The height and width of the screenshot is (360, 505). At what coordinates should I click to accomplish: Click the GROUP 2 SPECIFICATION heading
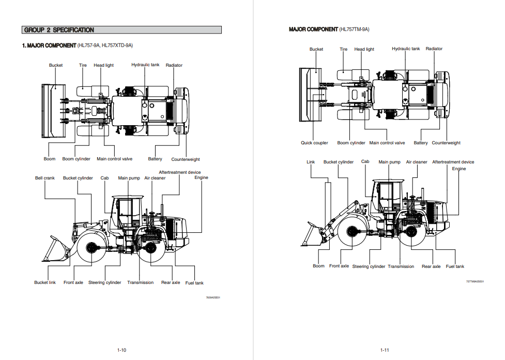tap(59, 30)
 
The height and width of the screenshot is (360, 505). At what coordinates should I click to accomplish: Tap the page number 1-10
tap(121, 350)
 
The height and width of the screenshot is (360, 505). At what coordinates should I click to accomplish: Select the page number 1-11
tap(384, 350)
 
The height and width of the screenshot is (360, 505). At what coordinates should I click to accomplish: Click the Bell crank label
tap(45, 178)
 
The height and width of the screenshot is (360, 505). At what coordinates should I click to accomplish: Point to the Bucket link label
tap(45, 282)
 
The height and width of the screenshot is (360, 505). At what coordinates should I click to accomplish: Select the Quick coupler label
tap(314, 143)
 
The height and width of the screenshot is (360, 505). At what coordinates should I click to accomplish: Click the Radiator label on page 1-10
tap(174, 65)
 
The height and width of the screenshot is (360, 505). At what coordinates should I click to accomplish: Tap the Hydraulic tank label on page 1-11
tap(406, 49)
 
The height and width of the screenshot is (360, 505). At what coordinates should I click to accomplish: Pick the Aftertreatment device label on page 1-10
tap(179, 172)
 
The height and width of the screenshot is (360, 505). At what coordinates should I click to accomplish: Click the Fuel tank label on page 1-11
tap(455, 266)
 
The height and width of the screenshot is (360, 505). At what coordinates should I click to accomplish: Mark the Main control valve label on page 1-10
tap(115, 159)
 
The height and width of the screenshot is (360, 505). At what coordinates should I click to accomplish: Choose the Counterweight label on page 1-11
tap(446, 143)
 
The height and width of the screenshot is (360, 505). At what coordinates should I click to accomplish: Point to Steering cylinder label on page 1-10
tap(104, 282)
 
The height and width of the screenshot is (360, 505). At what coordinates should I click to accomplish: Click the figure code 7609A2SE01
tap(213, 297)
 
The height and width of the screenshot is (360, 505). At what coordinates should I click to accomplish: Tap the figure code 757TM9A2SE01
tap(475, 281)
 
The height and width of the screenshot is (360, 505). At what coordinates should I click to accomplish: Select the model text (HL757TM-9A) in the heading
tap(354, 29)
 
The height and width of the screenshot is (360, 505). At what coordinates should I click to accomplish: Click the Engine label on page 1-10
tap(201, 177)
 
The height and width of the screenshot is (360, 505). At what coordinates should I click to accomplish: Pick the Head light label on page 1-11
tap(364, 49)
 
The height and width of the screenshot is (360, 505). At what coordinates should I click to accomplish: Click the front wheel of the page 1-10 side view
tap(93, 249)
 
